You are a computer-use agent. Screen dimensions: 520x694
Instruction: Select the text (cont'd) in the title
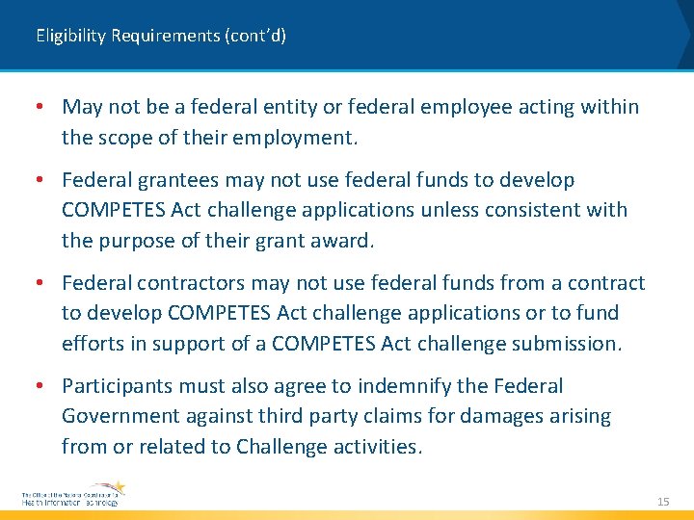(255, 37)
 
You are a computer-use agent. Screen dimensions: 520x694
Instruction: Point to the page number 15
(662, 502)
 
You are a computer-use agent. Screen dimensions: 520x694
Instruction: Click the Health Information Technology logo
(73, 495)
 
